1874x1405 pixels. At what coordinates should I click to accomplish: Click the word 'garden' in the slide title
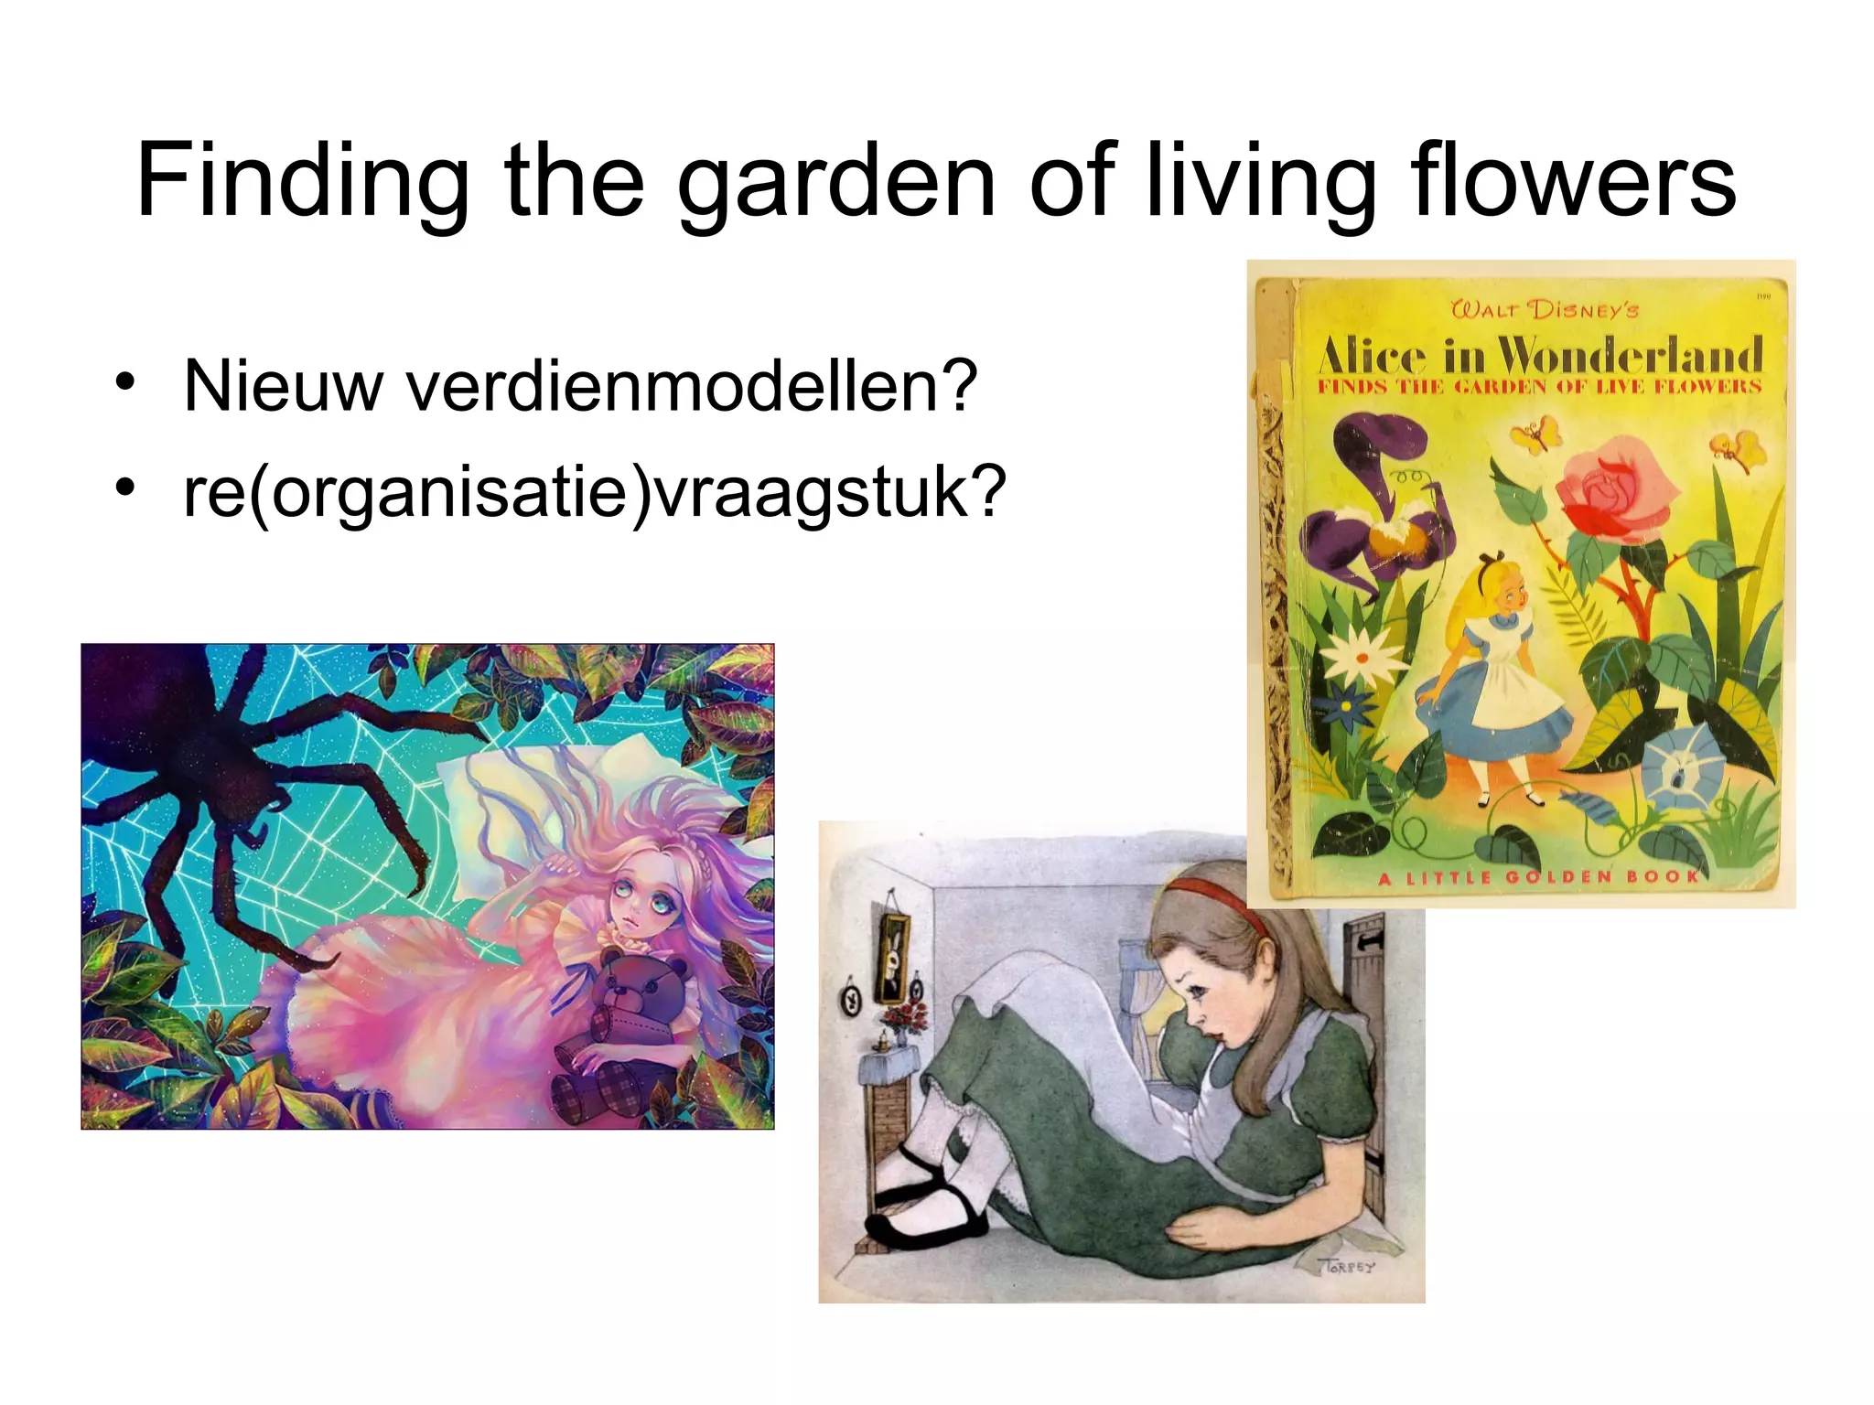(835, 183)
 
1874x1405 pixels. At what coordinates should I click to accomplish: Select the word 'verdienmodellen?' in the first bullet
(692, 387)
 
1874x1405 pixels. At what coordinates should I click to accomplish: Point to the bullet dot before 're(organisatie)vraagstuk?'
(126, 486)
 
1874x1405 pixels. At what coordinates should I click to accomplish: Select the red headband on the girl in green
(1222, 901)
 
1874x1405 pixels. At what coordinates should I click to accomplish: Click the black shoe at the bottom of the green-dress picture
(924, 1221)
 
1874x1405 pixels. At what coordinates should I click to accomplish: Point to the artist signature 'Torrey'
(1346, 1267)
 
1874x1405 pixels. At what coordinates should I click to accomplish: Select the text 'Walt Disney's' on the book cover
(1545, 309)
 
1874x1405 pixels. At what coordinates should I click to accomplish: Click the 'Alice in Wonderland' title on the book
(1541, 355)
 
